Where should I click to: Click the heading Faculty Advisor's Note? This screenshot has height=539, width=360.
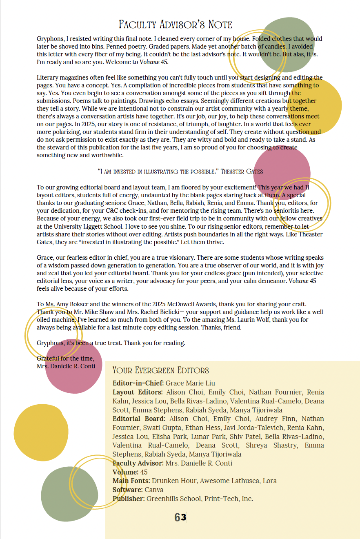pyautogui.click(x=176, y=24)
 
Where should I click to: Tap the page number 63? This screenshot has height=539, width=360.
pyautogui.click(x=180, y=517)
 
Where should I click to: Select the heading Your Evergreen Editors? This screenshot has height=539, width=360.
pyautogui.click(x=160, y=370)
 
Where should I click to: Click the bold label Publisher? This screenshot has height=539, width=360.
pyautogui.click(x=129, y=499)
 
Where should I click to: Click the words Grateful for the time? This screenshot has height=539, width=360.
pyautogui.click(x=66, y=359)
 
